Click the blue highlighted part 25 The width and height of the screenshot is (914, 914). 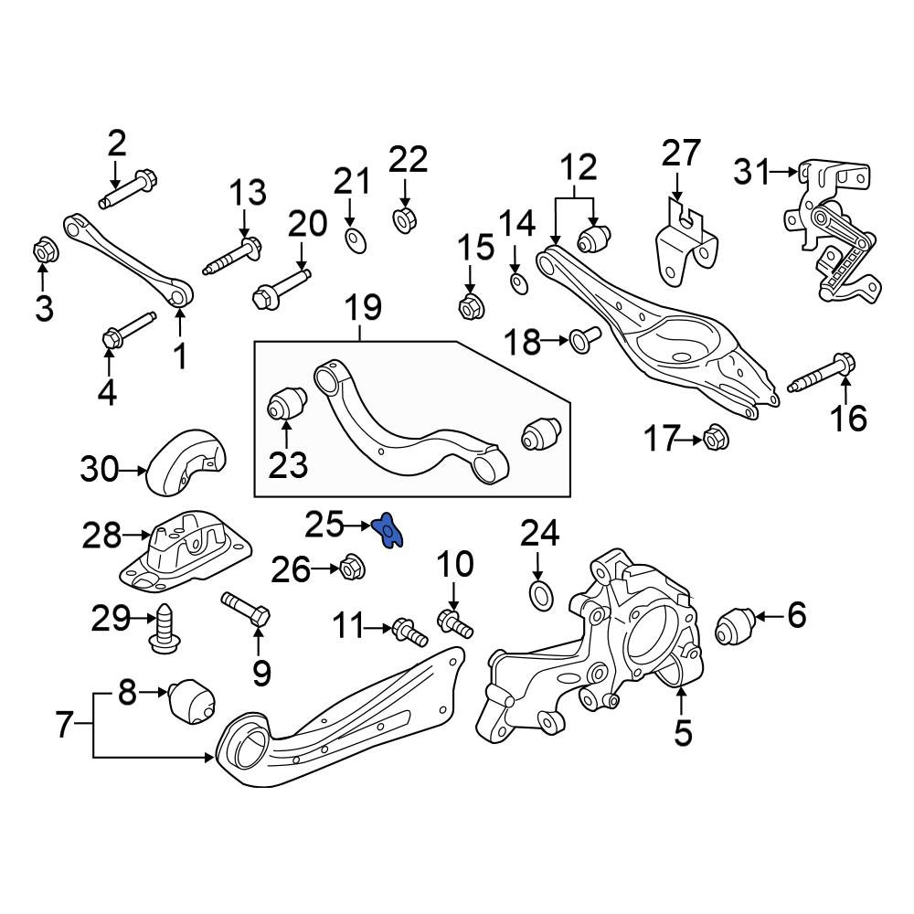click(387, 530)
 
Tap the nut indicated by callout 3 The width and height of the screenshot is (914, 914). click(43, 251)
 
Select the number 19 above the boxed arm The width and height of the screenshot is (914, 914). click(363, 308)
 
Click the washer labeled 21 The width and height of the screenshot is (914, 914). click(356, 240)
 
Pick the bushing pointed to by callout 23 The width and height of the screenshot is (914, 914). click(286, 403)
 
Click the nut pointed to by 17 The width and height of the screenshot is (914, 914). click(716, 439)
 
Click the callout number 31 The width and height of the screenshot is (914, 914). click(750, 172)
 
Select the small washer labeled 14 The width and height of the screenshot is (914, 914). click(519, 283)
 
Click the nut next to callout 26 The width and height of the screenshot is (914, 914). click(352, 567)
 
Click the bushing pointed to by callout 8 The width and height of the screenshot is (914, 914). click(191, 702)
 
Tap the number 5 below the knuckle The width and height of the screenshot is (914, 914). click(683, 732)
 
